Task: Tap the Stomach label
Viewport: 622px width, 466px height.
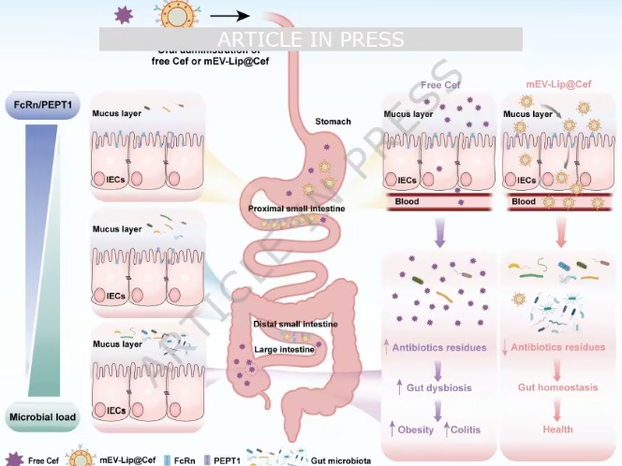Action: [333, 122]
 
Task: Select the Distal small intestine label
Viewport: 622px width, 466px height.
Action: [294, 325]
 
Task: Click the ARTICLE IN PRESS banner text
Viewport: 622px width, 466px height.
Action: [310, 39]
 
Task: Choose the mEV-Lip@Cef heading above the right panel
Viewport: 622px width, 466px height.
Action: [560, 84]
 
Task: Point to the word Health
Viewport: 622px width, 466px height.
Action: [559, 429]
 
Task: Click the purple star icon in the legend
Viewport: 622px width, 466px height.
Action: [12, 459]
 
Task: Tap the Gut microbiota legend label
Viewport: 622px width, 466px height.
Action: [357, 459]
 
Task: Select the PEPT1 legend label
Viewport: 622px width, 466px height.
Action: [234, 459]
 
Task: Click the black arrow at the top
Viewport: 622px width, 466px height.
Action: [230, 15]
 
